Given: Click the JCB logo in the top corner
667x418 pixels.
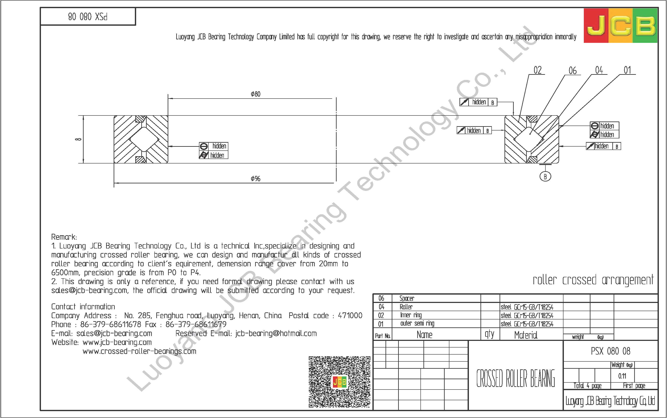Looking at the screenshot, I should (620, 25).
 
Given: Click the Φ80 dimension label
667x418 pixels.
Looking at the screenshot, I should (255, 94).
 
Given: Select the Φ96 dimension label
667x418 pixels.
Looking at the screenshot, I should (255, 179).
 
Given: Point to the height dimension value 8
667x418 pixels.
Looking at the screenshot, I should (78, 139).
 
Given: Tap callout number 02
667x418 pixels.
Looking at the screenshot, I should (537, 70).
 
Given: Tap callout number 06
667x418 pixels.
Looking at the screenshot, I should (572, 71).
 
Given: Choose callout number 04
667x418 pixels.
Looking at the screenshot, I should (599, 70).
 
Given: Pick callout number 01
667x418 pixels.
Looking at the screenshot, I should (627, 70).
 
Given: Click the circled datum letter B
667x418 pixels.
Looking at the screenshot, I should (545, 176).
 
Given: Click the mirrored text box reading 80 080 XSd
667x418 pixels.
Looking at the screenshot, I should (88, 17).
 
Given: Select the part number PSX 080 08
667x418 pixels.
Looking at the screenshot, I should (610, 351).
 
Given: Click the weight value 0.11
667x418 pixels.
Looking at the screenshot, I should (622, 376).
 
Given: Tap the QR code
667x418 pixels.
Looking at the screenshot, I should (339, 382).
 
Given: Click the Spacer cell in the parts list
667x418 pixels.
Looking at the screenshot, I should (407, 298).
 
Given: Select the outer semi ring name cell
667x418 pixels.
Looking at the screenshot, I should (417, 324).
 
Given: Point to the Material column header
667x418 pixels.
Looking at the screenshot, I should (526, 335).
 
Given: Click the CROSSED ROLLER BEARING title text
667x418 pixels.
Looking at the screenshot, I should (515, 378).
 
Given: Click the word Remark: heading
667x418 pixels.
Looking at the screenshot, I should (64, 237).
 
